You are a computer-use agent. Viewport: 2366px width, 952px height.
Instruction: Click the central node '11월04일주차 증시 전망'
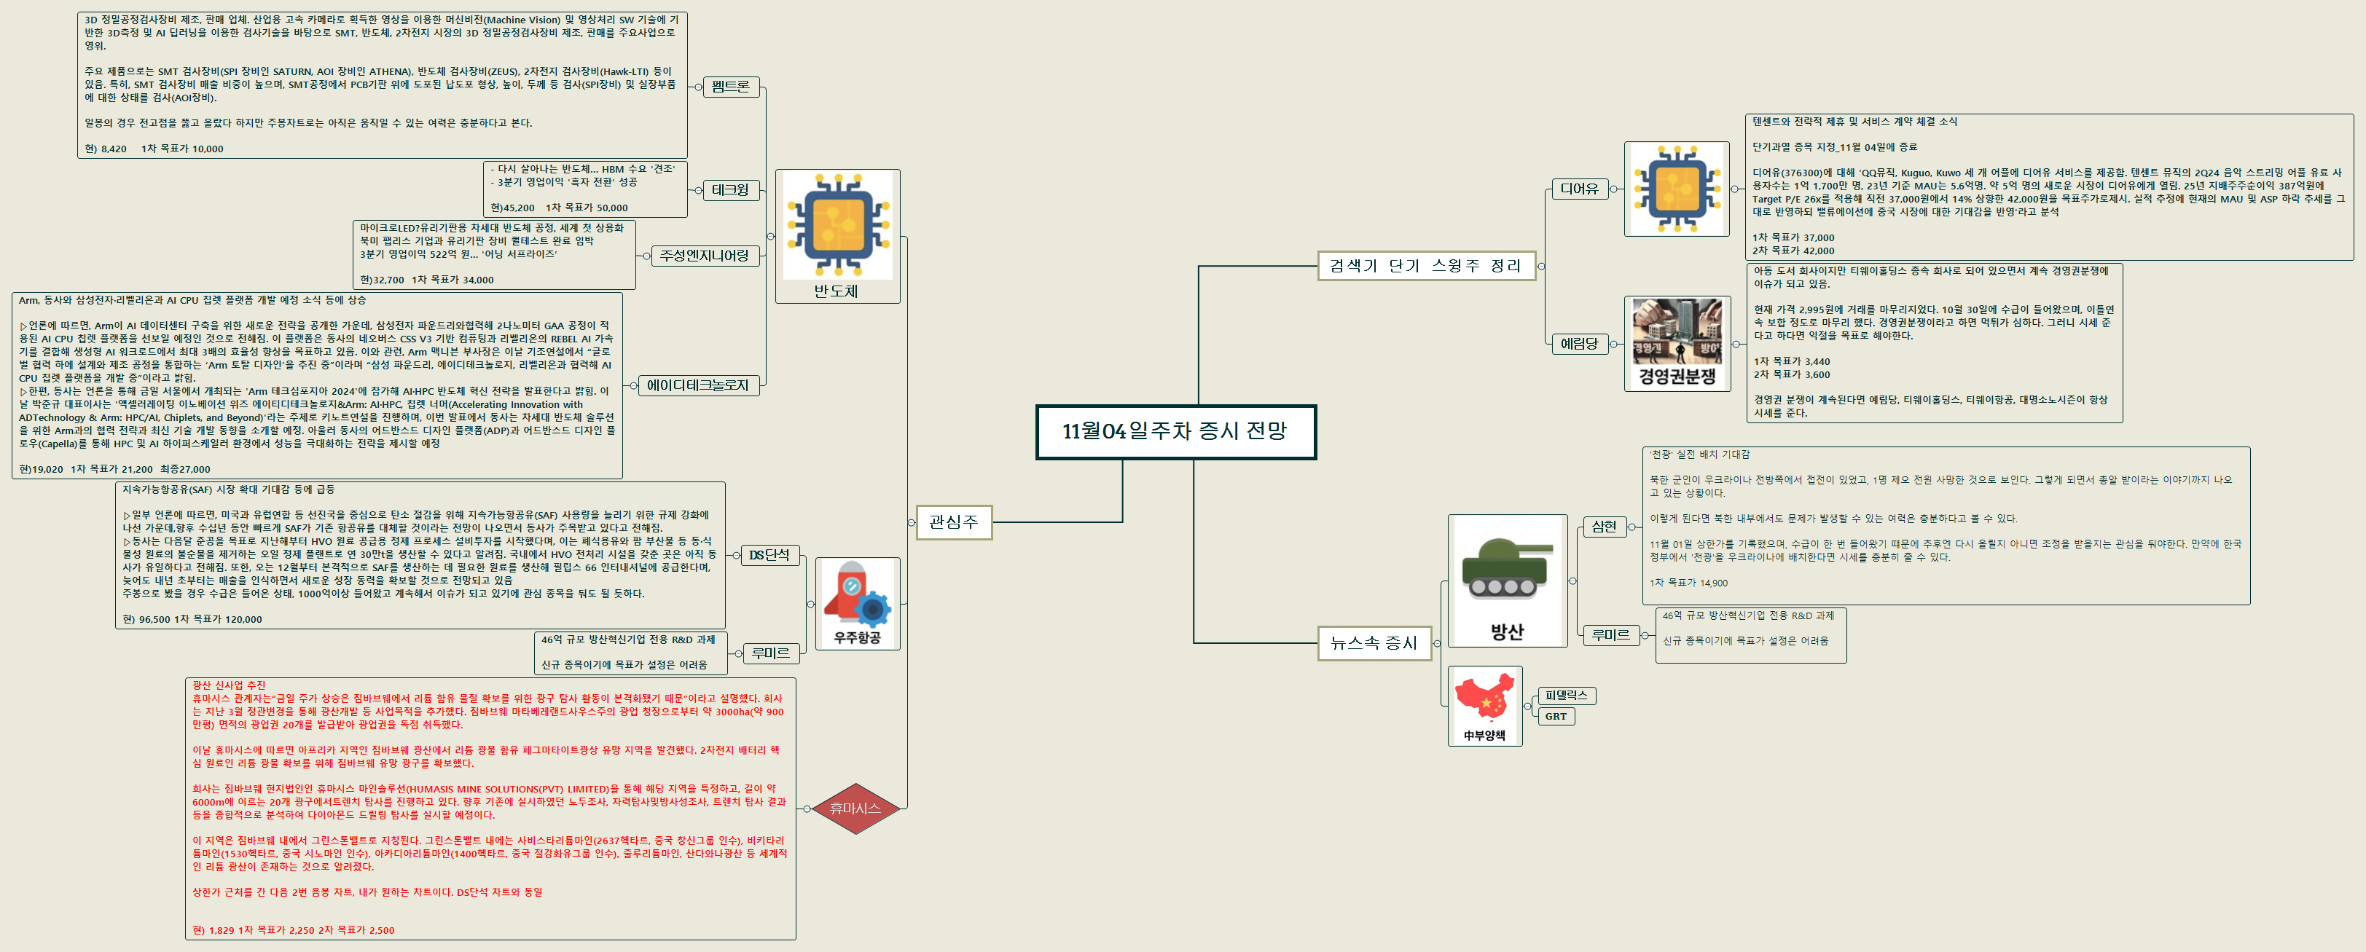[1175, 431]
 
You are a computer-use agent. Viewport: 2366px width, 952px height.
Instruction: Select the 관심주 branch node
[953, 522]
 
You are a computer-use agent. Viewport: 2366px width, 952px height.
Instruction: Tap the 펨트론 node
[730, 86]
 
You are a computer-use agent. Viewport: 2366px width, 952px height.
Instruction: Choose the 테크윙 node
[730, 190]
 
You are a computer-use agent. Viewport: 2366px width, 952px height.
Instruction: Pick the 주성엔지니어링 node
[705, 256]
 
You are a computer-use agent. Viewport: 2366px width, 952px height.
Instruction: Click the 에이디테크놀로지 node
[698, 385]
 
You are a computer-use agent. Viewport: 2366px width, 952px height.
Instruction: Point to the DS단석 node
[769, 556]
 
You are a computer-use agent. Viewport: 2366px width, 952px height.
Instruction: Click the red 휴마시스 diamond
[855, 809]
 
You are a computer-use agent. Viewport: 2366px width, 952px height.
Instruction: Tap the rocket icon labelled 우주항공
[856, 595]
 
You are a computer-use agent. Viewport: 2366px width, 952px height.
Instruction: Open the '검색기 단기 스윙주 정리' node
[1425, 267]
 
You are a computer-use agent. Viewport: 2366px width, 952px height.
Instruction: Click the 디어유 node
[1579, 189]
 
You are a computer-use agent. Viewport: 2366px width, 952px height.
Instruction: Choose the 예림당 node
[1579, 345]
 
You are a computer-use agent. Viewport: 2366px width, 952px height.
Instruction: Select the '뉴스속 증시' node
[1374, 642]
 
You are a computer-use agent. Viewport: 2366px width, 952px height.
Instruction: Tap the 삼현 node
[1604, 526]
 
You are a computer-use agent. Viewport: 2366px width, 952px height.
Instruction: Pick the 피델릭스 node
[1566, 696]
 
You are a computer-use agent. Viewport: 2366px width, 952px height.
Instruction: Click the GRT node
[1556, 716]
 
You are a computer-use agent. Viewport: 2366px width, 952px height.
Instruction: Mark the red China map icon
[1484, 699]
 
